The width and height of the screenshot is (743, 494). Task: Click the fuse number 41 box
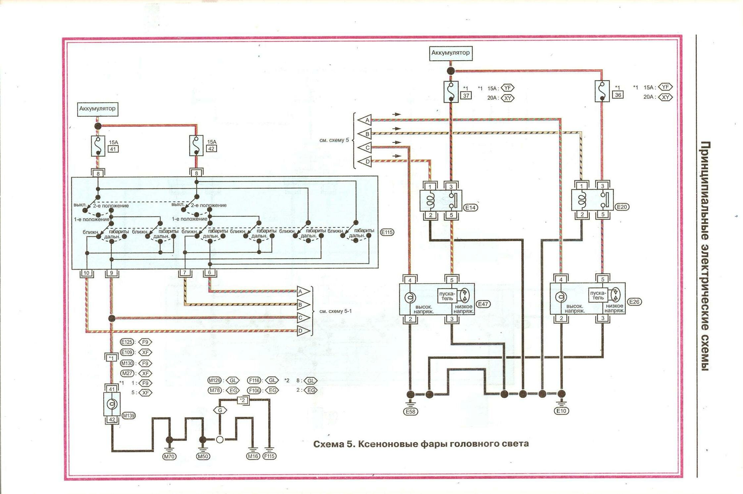[113, 149]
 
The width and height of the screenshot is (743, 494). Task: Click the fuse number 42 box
[211, 149]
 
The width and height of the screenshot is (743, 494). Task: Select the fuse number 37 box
[466, 96]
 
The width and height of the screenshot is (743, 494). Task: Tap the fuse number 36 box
[618, 95]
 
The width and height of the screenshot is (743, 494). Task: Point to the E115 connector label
[387, 232]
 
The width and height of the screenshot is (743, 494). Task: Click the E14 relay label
[470, 208]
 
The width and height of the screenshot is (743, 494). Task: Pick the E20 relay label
[622, 207]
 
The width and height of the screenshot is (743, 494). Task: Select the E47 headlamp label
[483, 304]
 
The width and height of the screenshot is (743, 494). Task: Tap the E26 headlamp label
[634, 302]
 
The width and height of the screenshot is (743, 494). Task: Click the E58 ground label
[411, 412]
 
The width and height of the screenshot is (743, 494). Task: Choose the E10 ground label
[561, 411]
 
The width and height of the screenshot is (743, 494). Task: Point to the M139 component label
[129, 416]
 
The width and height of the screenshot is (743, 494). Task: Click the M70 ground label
[169, 457]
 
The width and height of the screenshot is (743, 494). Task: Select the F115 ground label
[270, 456]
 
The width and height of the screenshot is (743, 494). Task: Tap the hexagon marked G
[220, 410]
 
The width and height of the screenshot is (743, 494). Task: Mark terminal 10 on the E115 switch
[86, 273]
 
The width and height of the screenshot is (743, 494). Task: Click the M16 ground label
[253, 456]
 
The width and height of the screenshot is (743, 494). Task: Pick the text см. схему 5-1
[335, 311]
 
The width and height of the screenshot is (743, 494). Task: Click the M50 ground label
[203, 457]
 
